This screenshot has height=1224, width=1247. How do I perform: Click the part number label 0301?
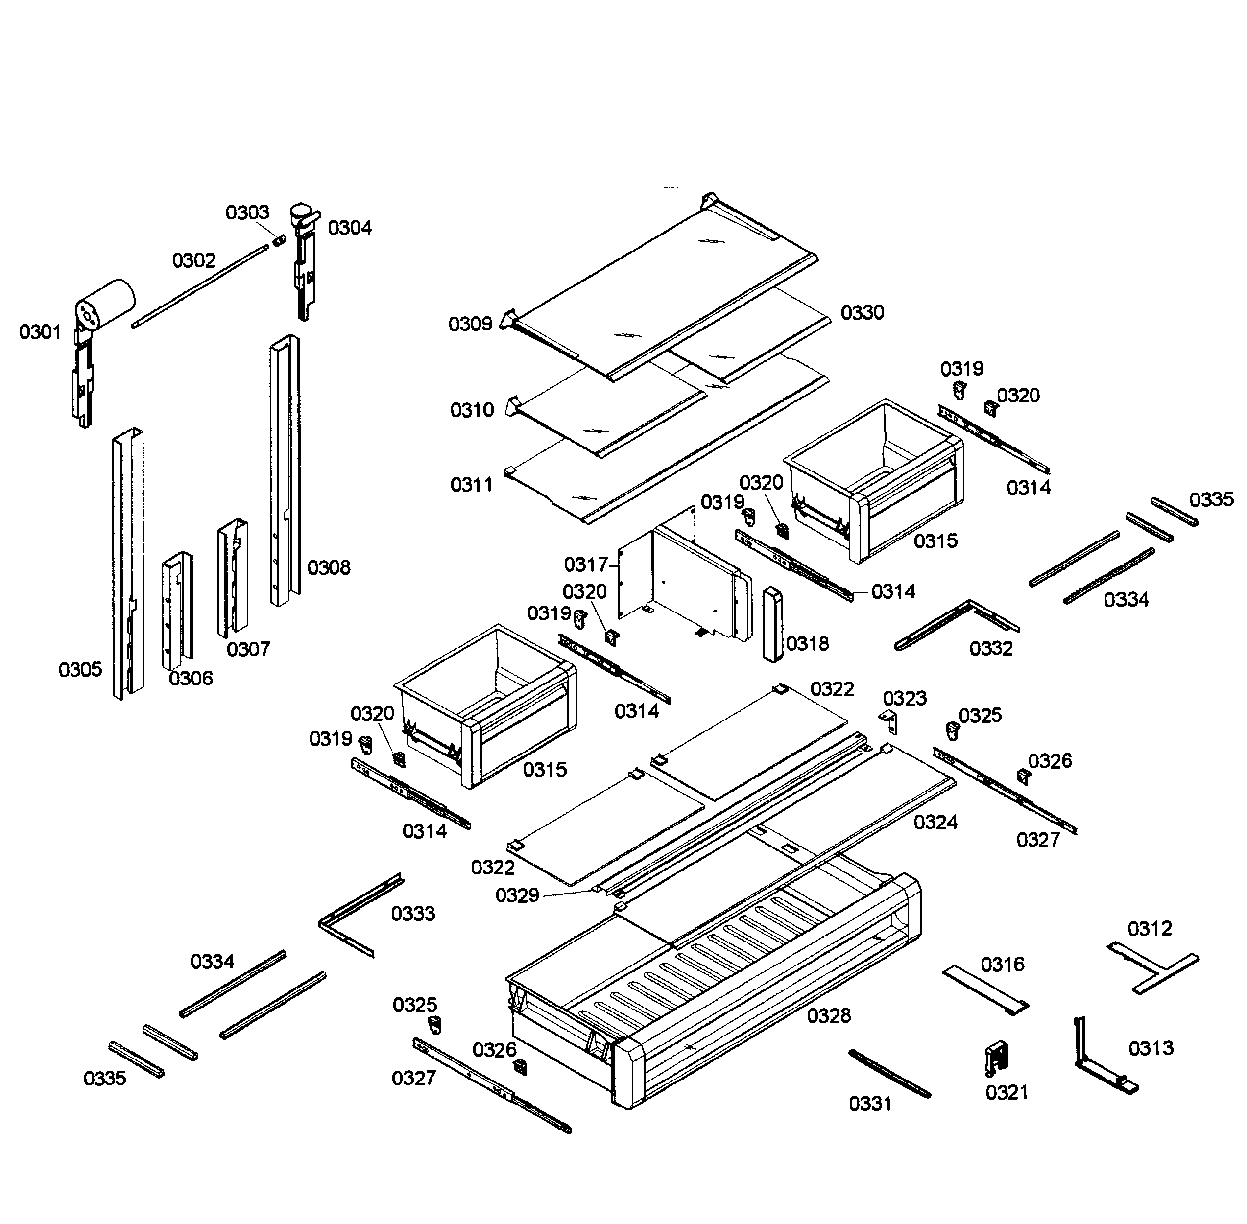click(40, 332)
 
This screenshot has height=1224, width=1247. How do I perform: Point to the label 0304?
click(349, 228)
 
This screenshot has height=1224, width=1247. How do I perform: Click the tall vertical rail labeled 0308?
click(284, 470)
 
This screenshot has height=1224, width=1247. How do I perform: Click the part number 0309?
click(470, 323)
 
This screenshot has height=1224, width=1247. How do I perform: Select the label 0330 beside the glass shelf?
click(862, 312)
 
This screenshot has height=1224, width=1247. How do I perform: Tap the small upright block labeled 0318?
click(772, 624)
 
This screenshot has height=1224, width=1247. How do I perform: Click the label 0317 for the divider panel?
click(585, 565)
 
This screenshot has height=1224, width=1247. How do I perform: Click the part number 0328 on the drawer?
click(828, 1016)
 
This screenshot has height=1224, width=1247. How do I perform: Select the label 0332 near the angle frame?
click(990, 648)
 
